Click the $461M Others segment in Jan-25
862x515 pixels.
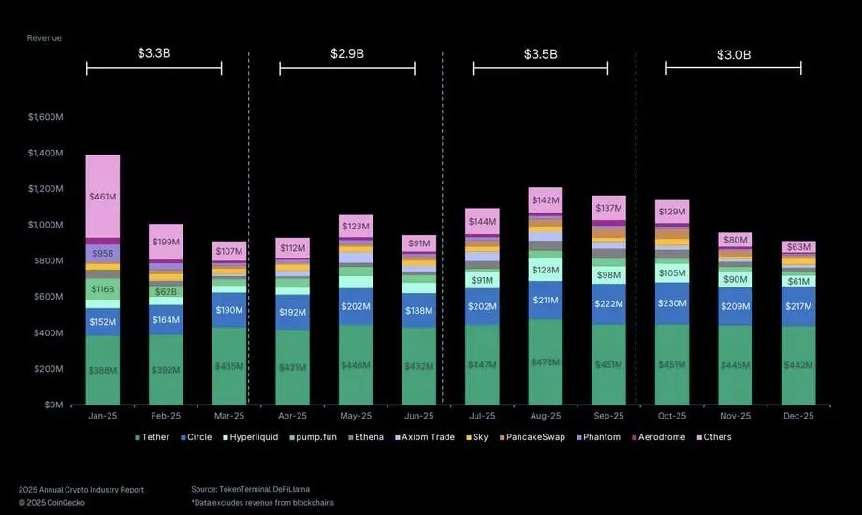click(102, 197)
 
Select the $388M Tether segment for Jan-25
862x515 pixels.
click(102, 370)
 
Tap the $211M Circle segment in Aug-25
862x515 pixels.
click(545, 301)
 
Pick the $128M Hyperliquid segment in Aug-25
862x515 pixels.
click(545, 270)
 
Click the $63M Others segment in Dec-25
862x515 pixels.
click(798, 247)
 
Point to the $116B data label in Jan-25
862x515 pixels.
click(102, 289)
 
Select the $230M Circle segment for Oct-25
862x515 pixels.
click(671, 303)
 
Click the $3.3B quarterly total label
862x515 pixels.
click(153, 53)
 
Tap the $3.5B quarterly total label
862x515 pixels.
click(540, 53)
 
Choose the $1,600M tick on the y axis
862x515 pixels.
click(45, 117)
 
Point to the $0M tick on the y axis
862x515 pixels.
click(51, 405)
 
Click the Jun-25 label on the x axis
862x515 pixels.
click(418, 416)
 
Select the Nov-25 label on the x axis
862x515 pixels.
click(735, 416)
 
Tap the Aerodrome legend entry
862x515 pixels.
click(660, 437)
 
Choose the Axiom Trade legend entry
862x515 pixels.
click(427, 437)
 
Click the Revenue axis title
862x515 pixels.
click(44, 37)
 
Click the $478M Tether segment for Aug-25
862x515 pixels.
click(545, 362)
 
